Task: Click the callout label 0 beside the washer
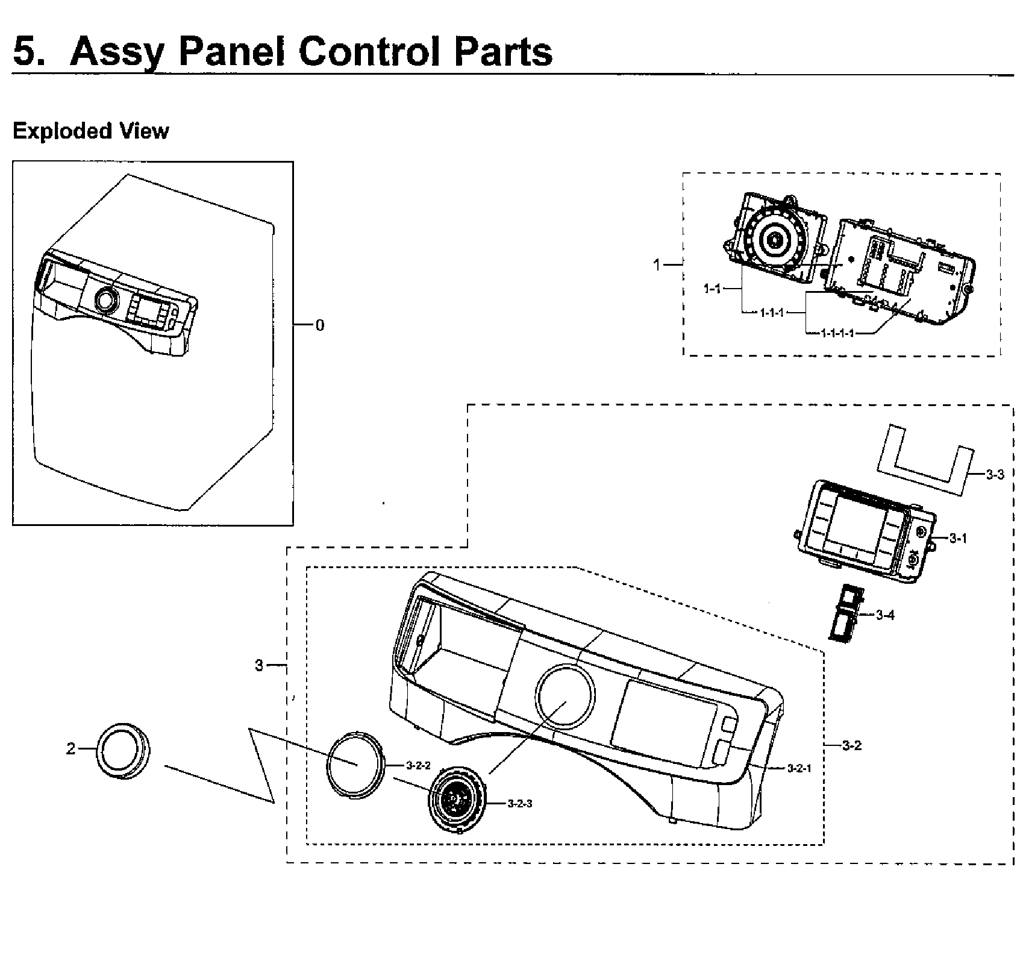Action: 320,325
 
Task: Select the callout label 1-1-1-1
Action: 837,333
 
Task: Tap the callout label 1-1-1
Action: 772,313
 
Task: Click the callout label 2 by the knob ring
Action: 71,749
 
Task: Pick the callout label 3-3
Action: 995,474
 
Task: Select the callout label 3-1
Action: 958,539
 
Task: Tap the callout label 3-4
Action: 885,615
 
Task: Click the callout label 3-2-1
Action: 799,768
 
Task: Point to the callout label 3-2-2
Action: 418,766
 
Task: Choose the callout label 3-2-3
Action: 519,803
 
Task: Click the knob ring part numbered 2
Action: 124,748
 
